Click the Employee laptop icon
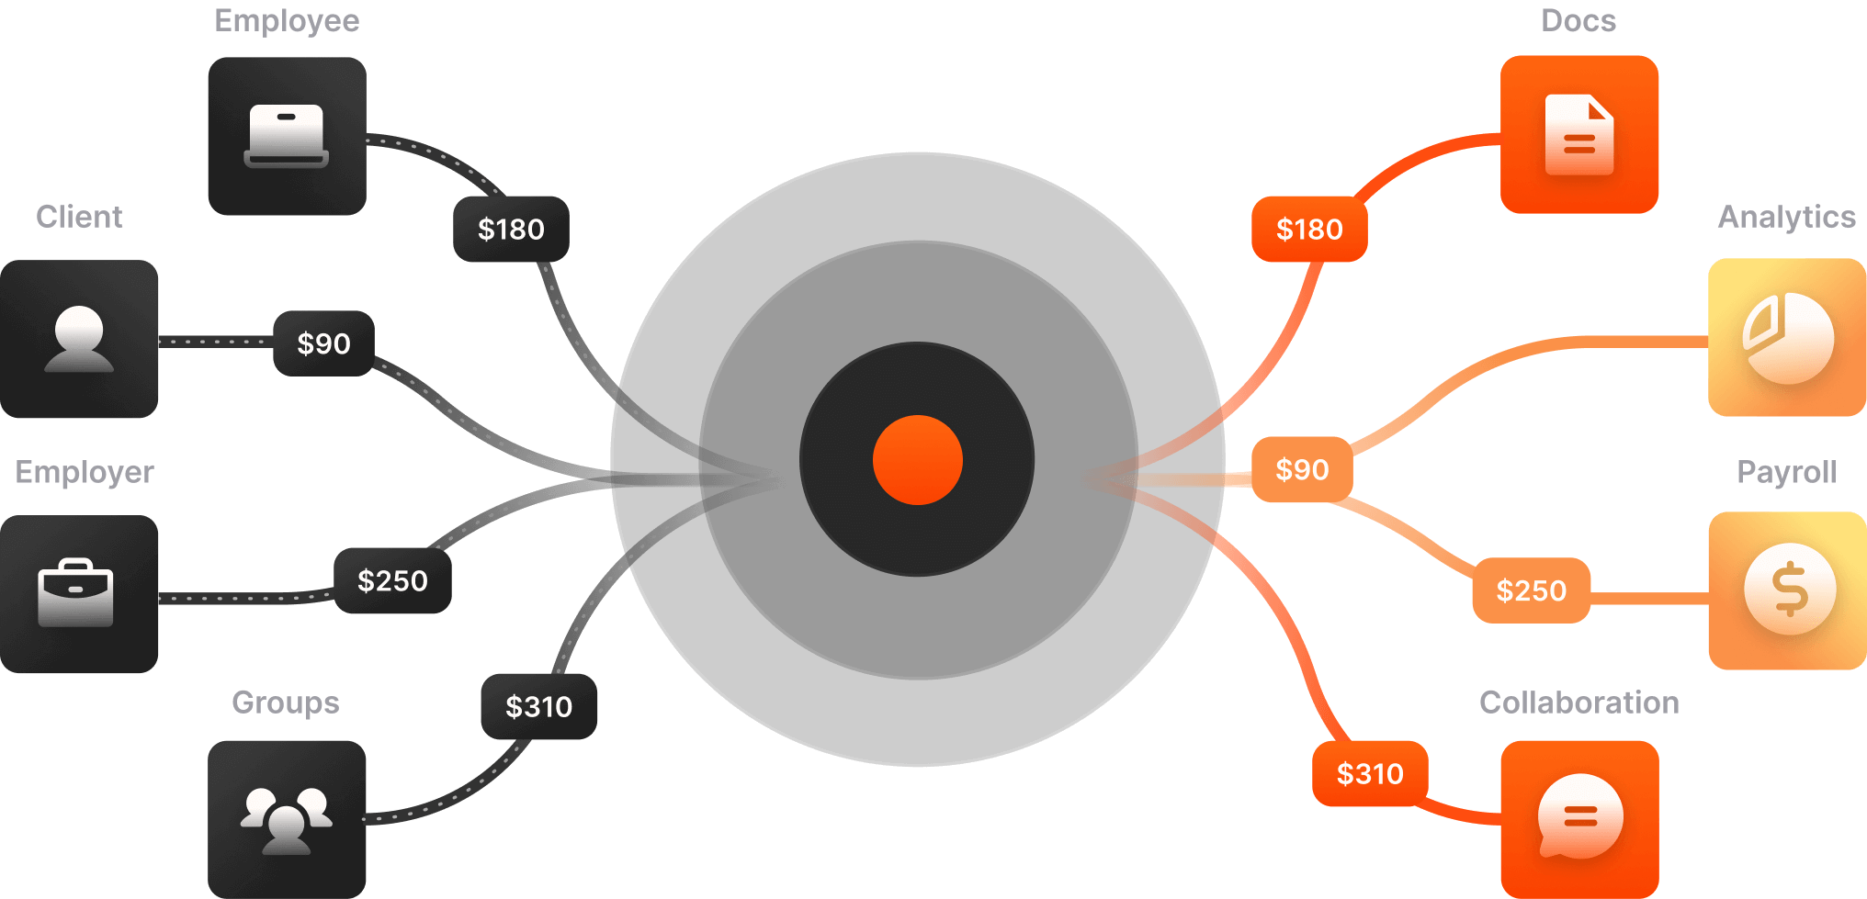pos(287,136)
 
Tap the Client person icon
pos(79,339)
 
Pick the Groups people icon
pos(287,819)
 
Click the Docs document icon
pos(1579,135)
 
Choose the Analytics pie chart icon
pos(1787,337)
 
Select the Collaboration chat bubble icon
pos(1579,817)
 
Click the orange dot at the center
pos(917,460)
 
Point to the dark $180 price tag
pos(511,229)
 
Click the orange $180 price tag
pos(1309,229)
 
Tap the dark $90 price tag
pos(323,343)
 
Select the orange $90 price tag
pos(1302,469)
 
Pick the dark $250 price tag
pos(392,580)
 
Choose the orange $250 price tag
pos(1531,590)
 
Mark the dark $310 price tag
pos(538,706)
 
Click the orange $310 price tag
pos(1370,773)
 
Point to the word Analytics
pos(1786,217)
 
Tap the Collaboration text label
pos(1578,702)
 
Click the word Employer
pos(85,472)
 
